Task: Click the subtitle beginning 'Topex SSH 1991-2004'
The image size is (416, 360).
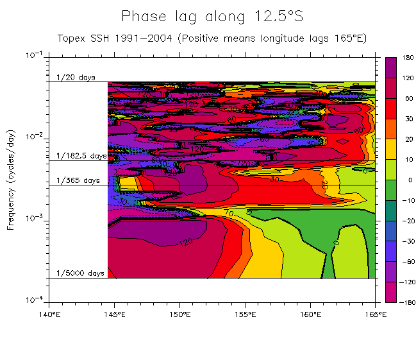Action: pyautogui.click(x=212, y=38)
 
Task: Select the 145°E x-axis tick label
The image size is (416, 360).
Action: pyautogui.click(x=115, y=314)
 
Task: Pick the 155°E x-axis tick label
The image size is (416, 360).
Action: pyautogui.click(x=245, y=314)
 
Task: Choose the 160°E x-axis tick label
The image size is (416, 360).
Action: pyautogui.click(x=310, y=314)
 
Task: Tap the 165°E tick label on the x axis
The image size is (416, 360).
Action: pyautogui.click(x=375, y=314)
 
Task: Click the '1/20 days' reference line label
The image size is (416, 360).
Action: pyautogui.click(x=76, y=78)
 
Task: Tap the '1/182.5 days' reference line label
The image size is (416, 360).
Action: pyautogui.click(x=81, y=156)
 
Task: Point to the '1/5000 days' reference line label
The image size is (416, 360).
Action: pyautogui.click(x=80, y=273)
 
